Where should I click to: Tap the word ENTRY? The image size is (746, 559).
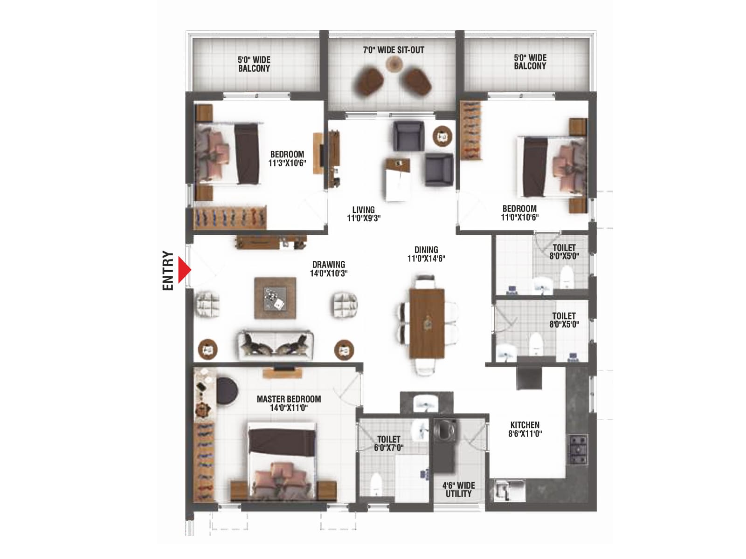click(168, 271)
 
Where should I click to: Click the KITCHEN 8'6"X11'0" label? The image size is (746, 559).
click(525, 429)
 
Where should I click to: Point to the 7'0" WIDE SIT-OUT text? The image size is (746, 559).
click(394, 50)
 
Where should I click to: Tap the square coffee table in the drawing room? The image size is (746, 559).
click(275, 298)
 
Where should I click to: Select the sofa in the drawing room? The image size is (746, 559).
click(275, 346)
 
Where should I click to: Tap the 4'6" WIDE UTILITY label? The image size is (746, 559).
click(458, 490)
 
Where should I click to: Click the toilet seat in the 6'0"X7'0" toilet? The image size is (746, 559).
click(375, 484)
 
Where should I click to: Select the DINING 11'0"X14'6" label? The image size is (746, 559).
click(426, 254)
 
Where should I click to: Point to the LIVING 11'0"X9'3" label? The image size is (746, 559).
click(363, 214)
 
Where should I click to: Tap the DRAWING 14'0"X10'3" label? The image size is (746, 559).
click(329, 269)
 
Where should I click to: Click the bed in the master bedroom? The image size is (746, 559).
click(282, 461)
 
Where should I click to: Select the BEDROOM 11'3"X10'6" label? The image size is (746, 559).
click(287, 158)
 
